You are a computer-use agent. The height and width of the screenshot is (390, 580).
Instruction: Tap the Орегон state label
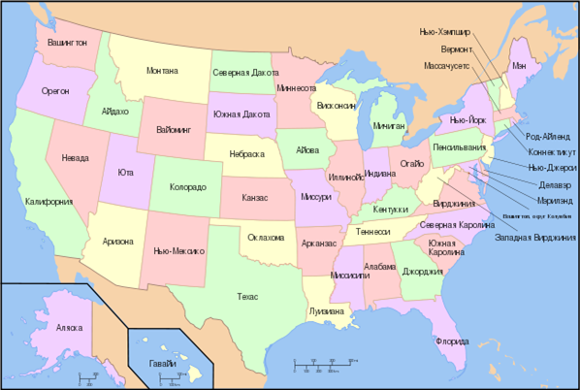tap(55, 90)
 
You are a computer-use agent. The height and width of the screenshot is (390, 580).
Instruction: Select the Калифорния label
tap(49, 202)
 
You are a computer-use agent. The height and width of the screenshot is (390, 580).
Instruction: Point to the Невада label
tap(75, 157)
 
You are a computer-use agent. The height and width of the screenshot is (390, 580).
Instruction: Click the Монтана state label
tap(162, 71)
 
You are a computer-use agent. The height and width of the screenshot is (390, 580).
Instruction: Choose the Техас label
tap(247, 297)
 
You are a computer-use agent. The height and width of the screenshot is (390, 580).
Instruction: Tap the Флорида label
tap(452, 341)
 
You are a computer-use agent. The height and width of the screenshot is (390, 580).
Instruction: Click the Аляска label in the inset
tap(70, 328)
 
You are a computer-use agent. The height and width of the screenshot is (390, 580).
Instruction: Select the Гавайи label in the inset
tap(164, 363)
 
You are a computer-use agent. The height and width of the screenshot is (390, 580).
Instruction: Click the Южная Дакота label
tap(242, 114)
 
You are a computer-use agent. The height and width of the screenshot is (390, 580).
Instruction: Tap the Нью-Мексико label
tap(178, 250)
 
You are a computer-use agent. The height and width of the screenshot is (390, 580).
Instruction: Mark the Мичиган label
tap(388, 126)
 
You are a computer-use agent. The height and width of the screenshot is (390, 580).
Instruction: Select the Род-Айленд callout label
tap(547, 137)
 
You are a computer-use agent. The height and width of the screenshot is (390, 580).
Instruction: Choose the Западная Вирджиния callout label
tap(532, 237)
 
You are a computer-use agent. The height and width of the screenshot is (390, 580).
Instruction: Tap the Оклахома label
tap(266, 237)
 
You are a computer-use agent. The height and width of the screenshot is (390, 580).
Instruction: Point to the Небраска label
tap(246, 154)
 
